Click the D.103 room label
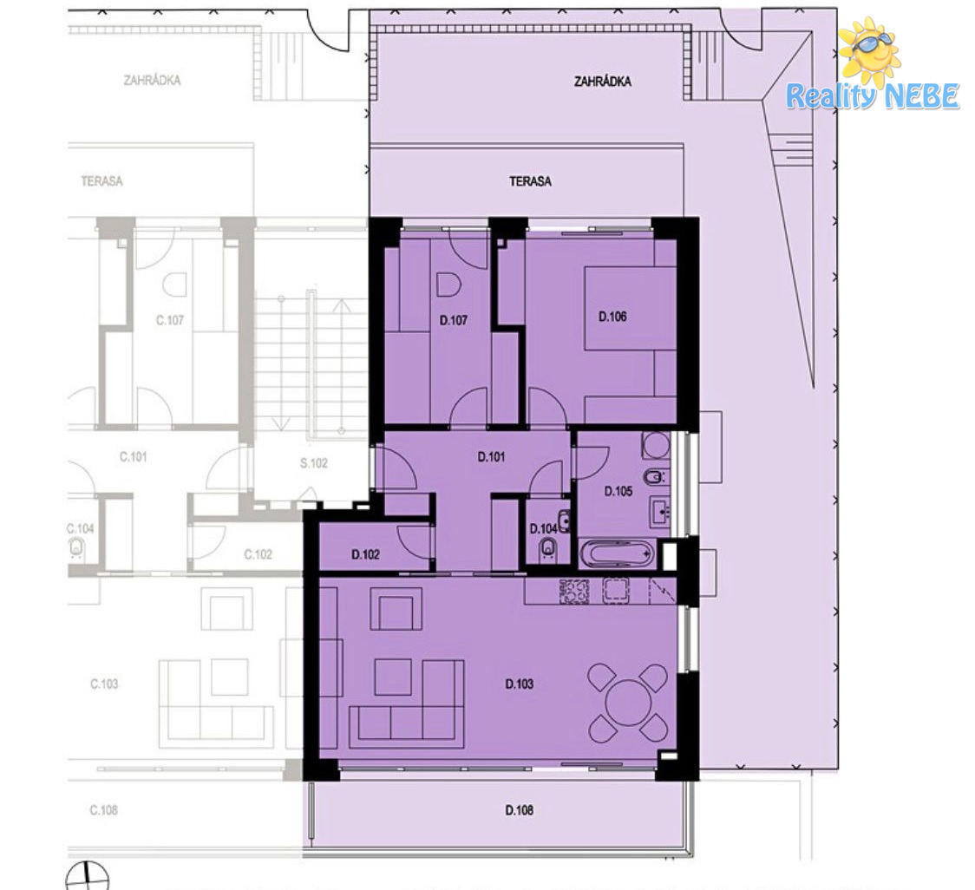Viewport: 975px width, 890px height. click(520, 684)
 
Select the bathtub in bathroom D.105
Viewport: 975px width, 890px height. click(617, 553)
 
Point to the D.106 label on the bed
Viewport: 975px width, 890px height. click(612, 317)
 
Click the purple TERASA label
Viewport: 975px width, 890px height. click(530, 181)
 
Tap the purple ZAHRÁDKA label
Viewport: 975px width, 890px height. click(603, 82)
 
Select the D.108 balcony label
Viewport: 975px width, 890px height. click(520, 810)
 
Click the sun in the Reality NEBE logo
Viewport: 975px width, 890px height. click(869, 51)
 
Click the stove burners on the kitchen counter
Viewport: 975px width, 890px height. click(574, 592)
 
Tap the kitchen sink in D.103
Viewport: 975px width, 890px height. click(616, 592)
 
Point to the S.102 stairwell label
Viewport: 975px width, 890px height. click(313, 463)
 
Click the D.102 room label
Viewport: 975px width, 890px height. click(365, 555)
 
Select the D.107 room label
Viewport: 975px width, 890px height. click(454, 320)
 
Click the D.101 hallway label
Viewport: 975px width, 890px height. click(491, 457)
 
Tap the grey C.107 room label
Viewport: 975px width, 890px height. click(170, 320)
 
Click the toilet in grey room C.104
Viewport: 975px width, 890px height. click(75, 548)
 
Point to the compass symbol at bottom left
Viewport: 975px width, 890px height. click(87, 876)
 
